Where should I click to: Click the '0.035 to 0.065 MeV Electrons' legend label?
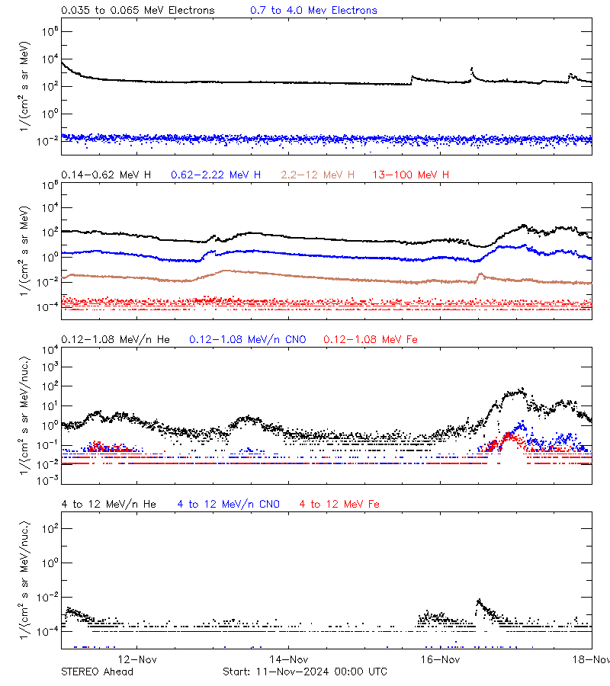(137, 11)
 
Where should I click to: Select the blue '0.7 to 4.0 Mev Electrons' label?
(313, 11)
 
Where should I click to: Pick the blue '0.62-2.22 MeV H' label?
(216, 175)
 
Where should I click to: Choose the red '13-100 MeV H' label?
(411, 175)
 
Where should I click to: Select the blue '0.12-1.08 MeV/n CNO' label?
(247, 339)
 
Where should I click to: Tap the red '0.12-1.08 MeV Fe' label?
(371, 339)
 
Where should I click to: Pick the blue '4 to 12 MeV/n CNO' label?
(228, 505)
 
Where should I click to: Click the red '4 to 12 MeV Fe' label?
(339, 505)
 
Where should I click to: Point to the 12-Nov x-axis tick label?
(136, 659)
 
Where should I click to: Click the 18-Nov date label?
(592, 659)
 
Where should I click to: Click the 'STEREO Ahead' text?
(97, 672)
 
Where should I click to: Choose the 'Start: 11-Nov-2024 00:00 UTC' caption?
(304, 672)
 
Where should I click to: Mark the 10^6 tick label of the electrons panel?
(47, 31)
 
